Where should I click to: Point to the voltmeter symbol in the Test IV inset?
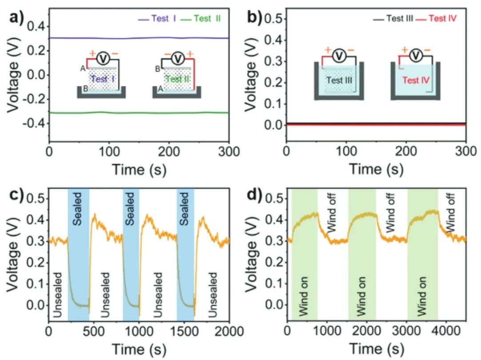pos(416,55)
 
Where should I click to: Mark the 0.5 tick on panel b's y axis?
pos(274,19)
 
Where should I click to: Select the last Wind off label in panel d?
pos(450,218)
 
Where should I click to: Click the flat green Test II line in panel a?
pos(133,113)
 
